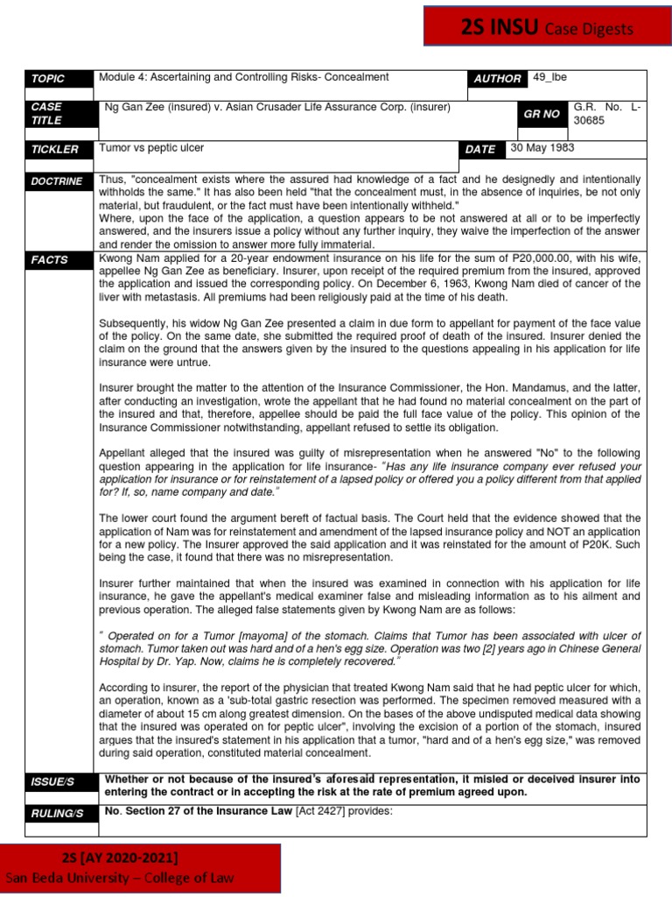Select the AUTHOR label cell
coord(497,79)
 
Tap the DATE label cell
coord(480,150)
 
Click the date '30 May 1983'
coord(542,148)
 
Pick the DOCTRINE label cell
coord(57,181)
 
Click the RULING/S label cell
coord(57,814)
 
